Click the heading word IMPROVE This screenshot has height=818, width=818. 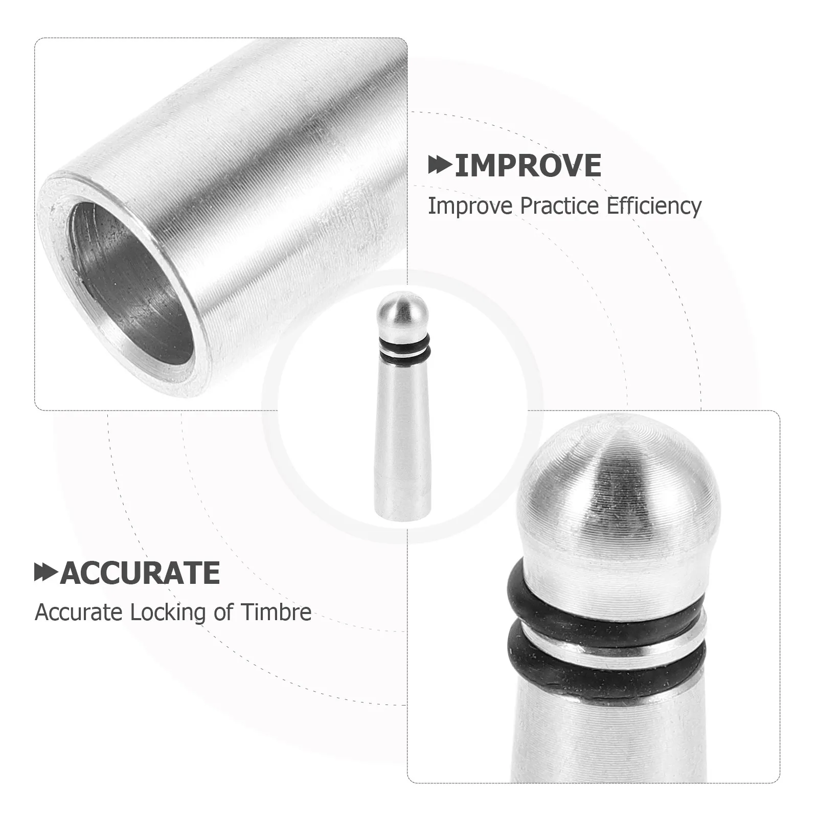pos(528,165)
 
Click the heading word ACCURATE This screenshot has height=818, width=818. pos(140,573)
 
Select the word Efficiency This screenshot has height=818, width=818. pos(654,207)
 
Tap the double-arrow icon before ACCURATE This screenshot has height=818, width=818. pos(46,573)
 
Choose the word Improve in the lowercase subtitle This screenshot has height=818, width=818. pos(470,207)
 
